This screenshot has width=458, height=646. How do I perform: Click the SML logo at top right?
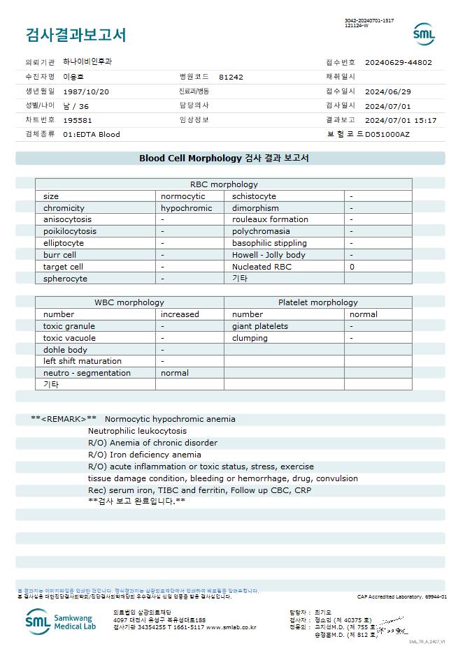[424, 34]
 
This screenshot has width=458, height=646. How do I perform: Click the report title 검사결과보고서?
[76, 35]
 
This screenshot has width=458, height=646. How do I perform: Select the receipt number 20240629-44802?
[399, 62]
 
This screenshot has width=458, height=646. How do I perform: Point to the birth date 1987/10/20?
[86, 91]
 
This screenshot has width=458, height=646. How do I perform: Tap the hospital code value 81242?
[231, 77]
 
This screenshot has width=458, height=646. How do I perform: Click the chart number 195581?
[78, 120]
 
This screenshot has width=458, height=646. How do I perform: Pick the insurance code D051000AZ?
[387, 134]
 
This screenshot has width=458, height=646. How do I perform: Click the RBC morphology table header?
[224, 184]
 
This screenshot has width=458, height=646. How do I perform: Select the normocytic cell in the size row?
[183, 196]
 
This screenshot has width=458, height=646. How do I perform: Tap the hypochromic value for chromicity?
[186, 208]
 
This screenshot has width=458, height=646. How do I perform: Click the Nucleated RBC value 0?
[352, 267]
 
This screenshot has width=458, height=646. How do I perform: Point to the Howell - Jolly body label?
[269, 255]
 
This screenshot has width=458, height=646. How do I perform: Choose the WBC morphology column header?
[129, 302]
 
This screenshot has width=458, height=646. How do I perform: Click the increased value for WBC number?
[180, 314]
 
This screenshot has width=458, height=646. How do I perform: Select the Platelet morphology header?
[317, 302]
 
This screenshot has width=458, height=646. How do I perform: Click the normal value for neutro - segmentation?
[175, 373]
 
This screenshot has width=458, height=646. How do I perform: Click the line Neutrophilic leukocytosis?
[137, 431]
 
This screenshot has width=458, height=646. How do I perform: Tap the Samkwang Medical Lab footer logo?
[62, 621]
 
